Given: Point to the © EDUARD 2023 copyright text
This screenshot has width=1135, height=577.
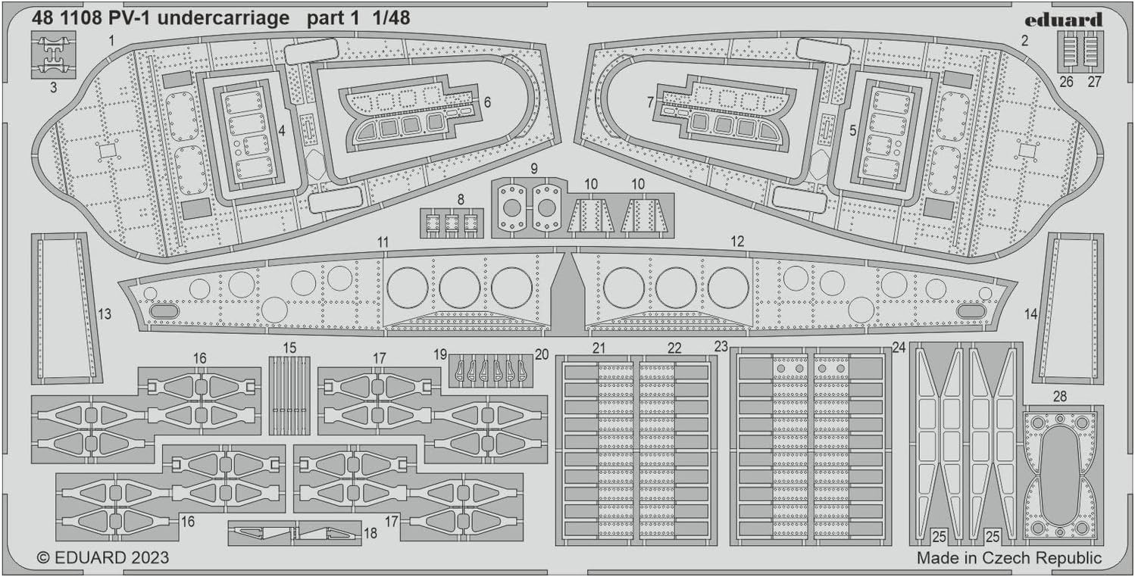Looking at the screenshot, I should (x=102, y=558).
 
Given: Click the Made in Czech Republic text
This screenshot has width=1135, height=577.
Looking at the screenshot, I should (x=1008, y=558).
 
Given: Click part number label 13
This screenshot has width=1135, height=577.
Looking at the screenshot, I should (x=105, y=313).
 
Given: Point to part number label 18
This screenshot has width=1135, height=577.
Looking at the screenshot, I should (x=370, y=532).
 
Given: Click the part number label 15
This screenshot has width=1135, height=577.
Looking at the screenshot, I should (x=289, y=348).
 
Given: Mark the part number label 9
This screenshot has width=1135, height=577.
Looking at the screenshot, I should (x=533, y=167).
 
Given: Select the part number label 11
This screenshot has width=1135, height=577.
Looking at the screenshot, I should (x=383, y=242).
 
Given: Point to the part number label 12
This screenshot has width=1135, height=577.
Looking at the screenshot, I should (x=737, y=242).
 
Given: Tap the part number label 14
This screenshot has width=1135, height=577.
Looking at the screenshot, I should (x=1031, y=312).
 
